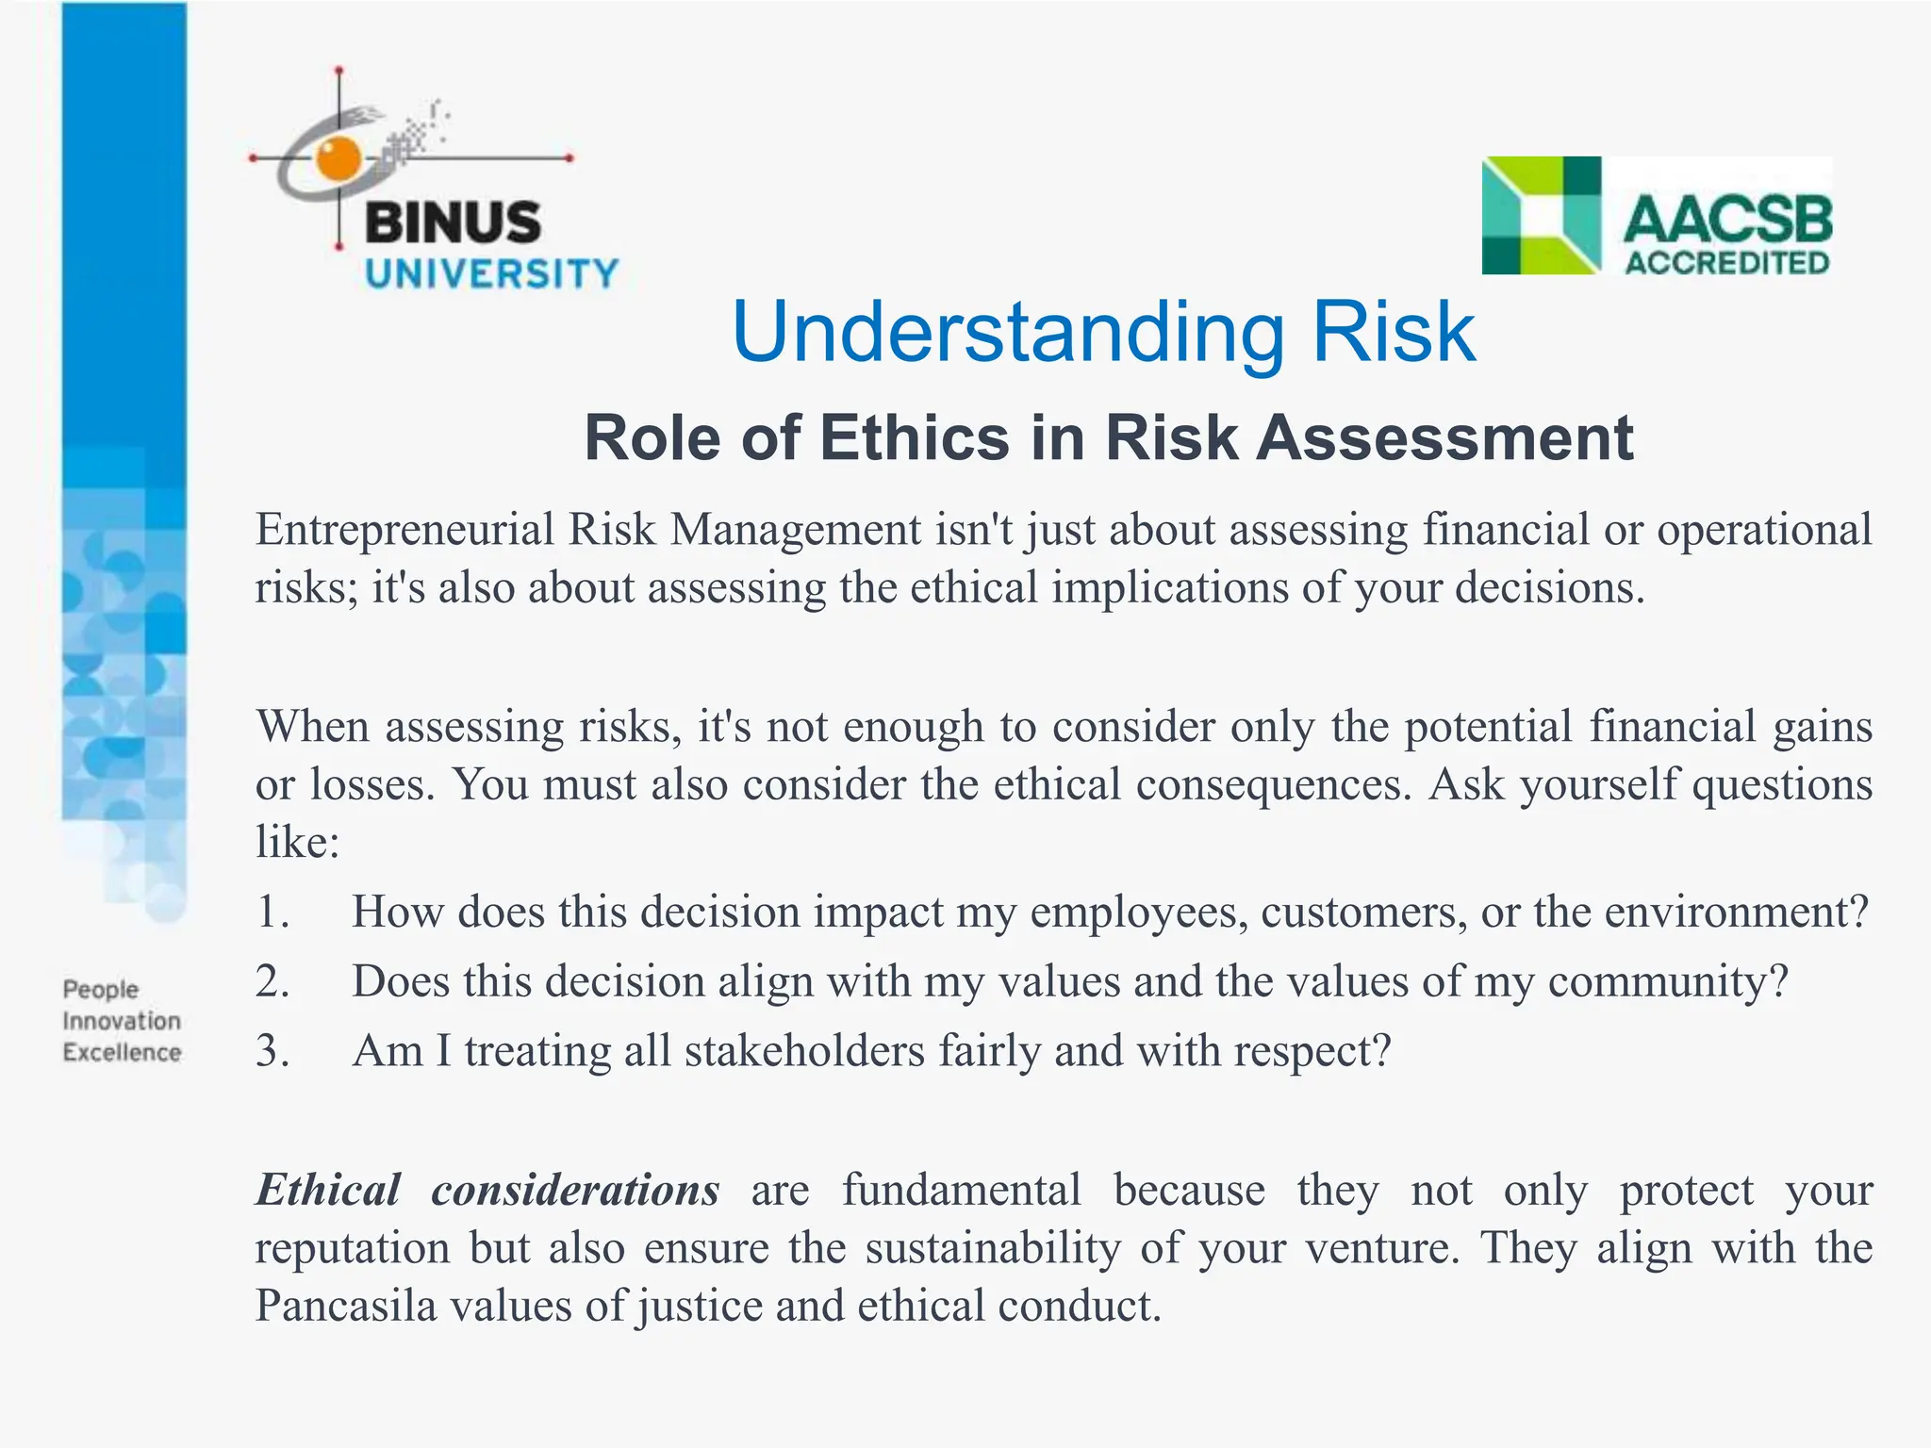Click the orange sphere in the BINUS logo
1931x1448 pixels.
338,157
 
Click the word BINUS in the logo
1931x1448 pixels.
453,223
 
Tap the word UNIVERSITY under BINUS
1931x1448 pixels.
491,274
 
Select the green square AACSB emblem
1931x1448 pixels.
1541,216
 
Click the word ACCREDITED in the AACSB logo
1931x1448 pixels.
1726,262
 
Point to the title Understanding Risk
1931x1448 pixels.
1103,332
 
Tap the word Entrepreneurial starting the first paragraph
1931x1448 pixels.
404,530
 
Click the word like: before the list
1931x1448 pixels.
297,842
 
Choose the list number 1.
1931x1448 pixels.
272,913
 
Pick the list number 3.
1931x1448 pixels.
272,1051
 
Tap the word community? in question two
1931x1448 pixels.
1667,981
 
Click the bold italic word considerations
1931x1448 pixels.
575,1190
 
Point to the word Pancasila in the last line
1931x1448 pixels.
346,1306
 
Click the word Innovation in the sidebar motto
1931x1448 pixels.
122,1021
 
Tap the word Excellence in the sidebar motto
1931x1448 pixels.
122,1052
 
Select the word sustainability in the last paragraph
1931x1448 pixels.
993,1248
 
